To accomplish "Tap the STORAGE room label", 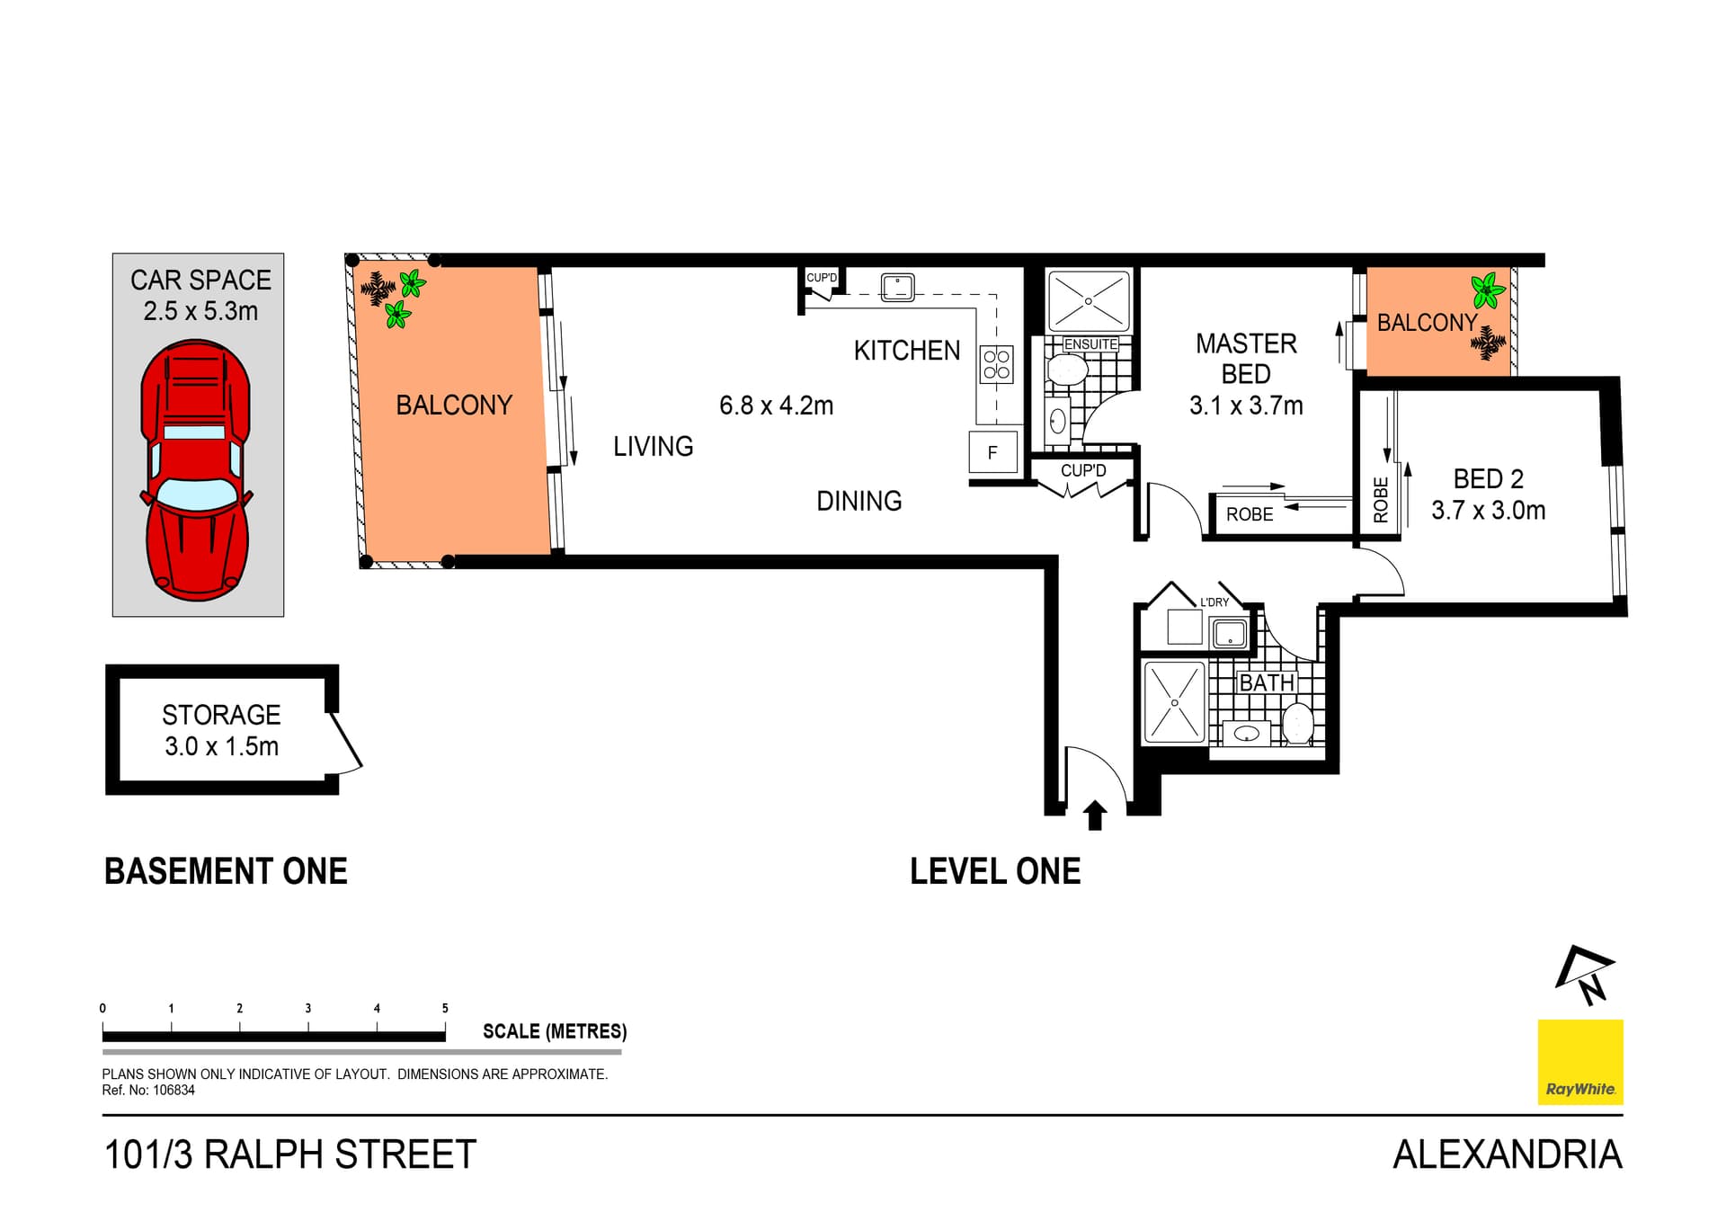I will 221,715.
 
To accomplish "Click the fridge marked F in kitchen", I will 992,452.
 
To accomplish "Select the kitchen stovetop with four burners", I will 996,364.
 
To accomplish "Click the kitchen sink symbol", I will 897,287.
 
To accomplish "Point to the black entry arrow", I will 1094,815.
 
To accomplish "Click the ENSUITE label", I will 1090,344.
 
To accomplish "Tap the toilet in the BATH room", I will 1297,724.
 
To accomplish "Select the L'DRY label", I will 1214,602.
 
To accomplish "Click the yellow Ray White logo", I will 1580,1062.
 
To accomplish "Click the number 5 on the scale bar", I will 445,1009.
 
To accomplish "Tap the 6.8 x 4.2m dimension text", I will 776,406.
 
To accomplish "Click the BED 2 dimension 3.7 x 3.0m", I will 1488,511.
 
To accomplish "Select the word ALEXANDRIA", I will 1507,1154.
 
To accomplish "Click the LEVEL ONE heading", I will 995,871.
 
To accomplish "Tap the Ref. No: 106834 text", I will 148,1091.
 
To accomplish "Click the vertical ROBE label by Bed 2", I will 1381,500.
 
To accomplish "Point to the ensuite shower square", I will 1088,301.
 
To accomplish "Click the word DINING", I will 859,501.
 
